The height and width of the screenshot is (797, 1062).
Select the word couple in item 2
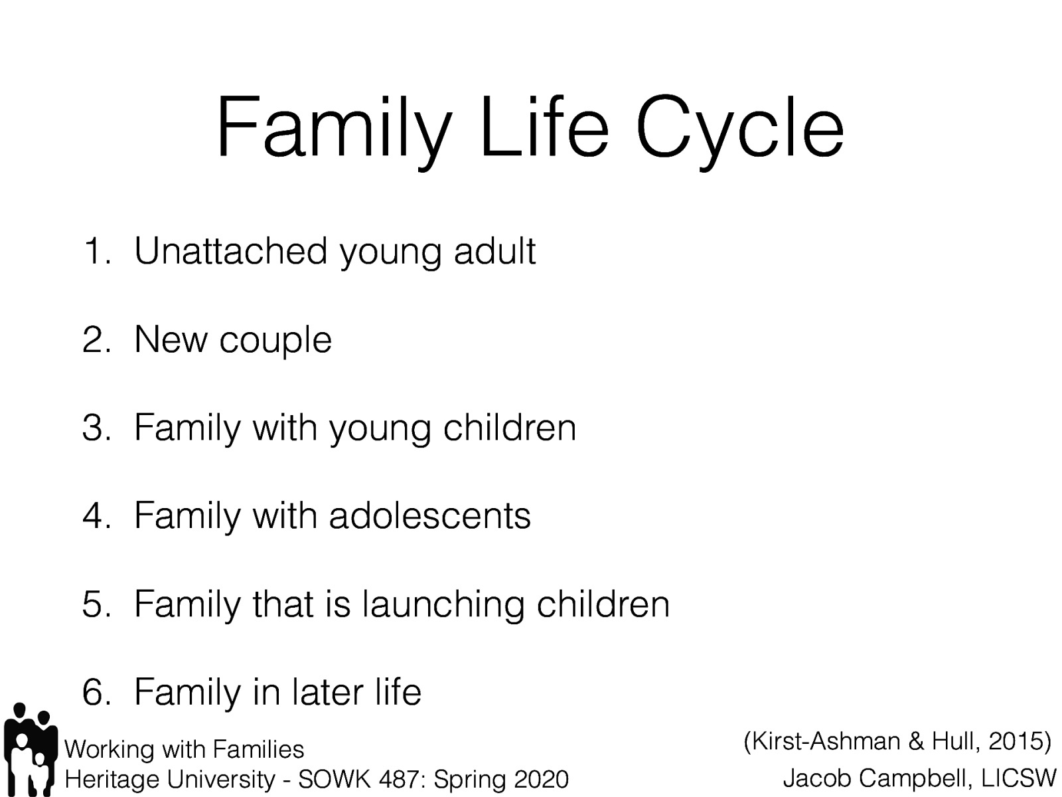[275, 341]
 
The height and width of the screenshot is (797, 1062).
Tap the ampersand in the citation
[916, 741]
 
